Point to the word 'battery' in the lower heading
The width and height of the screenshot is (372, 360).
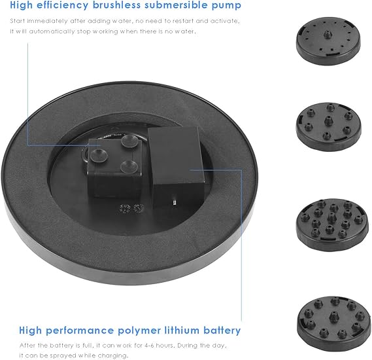(222, 331)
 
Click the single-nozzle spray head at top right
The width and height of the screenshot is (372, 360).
(328, 41)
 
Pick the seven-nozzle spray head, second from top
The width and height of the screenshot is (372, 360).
(329, 126)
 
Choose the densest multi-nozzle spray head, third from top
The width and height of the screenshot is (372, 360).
(332, 225)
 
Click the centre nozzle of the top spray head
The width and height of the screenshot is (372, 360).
(328, 35)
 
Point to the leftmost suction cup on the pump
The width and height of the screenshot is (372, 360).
(99, 155)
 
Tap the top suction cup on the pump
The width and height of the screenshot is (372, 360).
(129, 141)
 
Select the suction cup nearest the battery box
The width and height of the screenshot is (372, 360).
(129, 166)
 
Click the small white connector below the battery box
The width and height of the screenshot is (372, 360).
(175, 202)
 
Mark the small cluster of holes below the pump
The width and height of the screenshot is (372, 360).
(132, 209)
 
